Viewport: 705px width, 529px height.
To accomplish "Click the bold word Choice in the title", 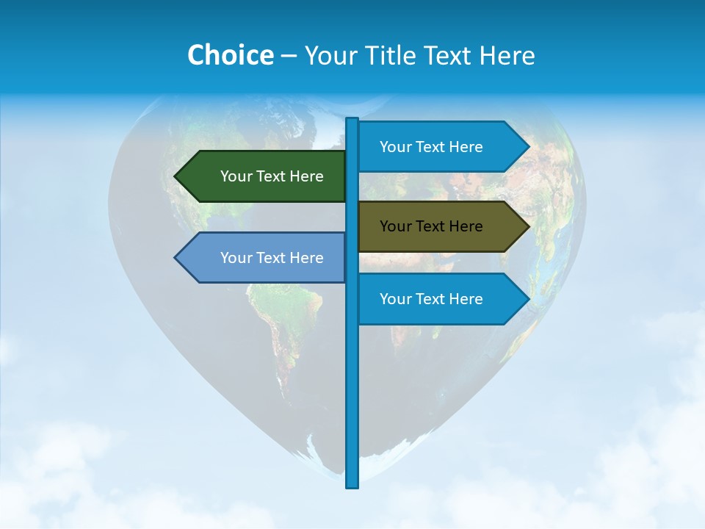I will coord(230,55).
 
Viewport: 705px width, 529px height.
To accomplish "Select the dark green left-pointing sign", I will coord(264,176).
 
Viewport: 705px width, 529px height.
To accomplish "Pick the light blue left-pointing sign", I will coord(264,258).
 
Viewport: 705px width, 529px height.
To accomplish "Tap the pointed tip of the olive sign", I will coord(528,226).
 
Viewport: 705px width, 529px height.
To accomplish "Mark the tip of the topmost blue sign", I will coord(528,147).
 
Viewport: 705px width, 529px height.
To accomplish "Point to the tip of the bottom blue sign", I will coord(528,299).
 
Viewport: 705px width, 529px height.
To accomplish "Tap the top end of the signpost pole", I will coord(352,120).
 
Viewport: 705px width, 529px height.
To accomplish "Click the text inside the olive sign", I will coord(431,226).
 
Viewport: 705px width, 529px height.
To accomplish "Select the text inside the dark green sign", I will coord(272,176).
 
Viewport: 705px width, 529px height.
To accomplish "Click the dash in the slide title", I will coord(289,56).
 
